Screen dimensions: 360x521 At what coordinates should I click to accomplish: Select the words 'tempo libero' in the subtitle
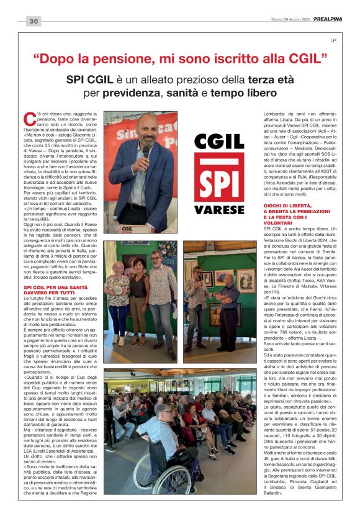[243, 93]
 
